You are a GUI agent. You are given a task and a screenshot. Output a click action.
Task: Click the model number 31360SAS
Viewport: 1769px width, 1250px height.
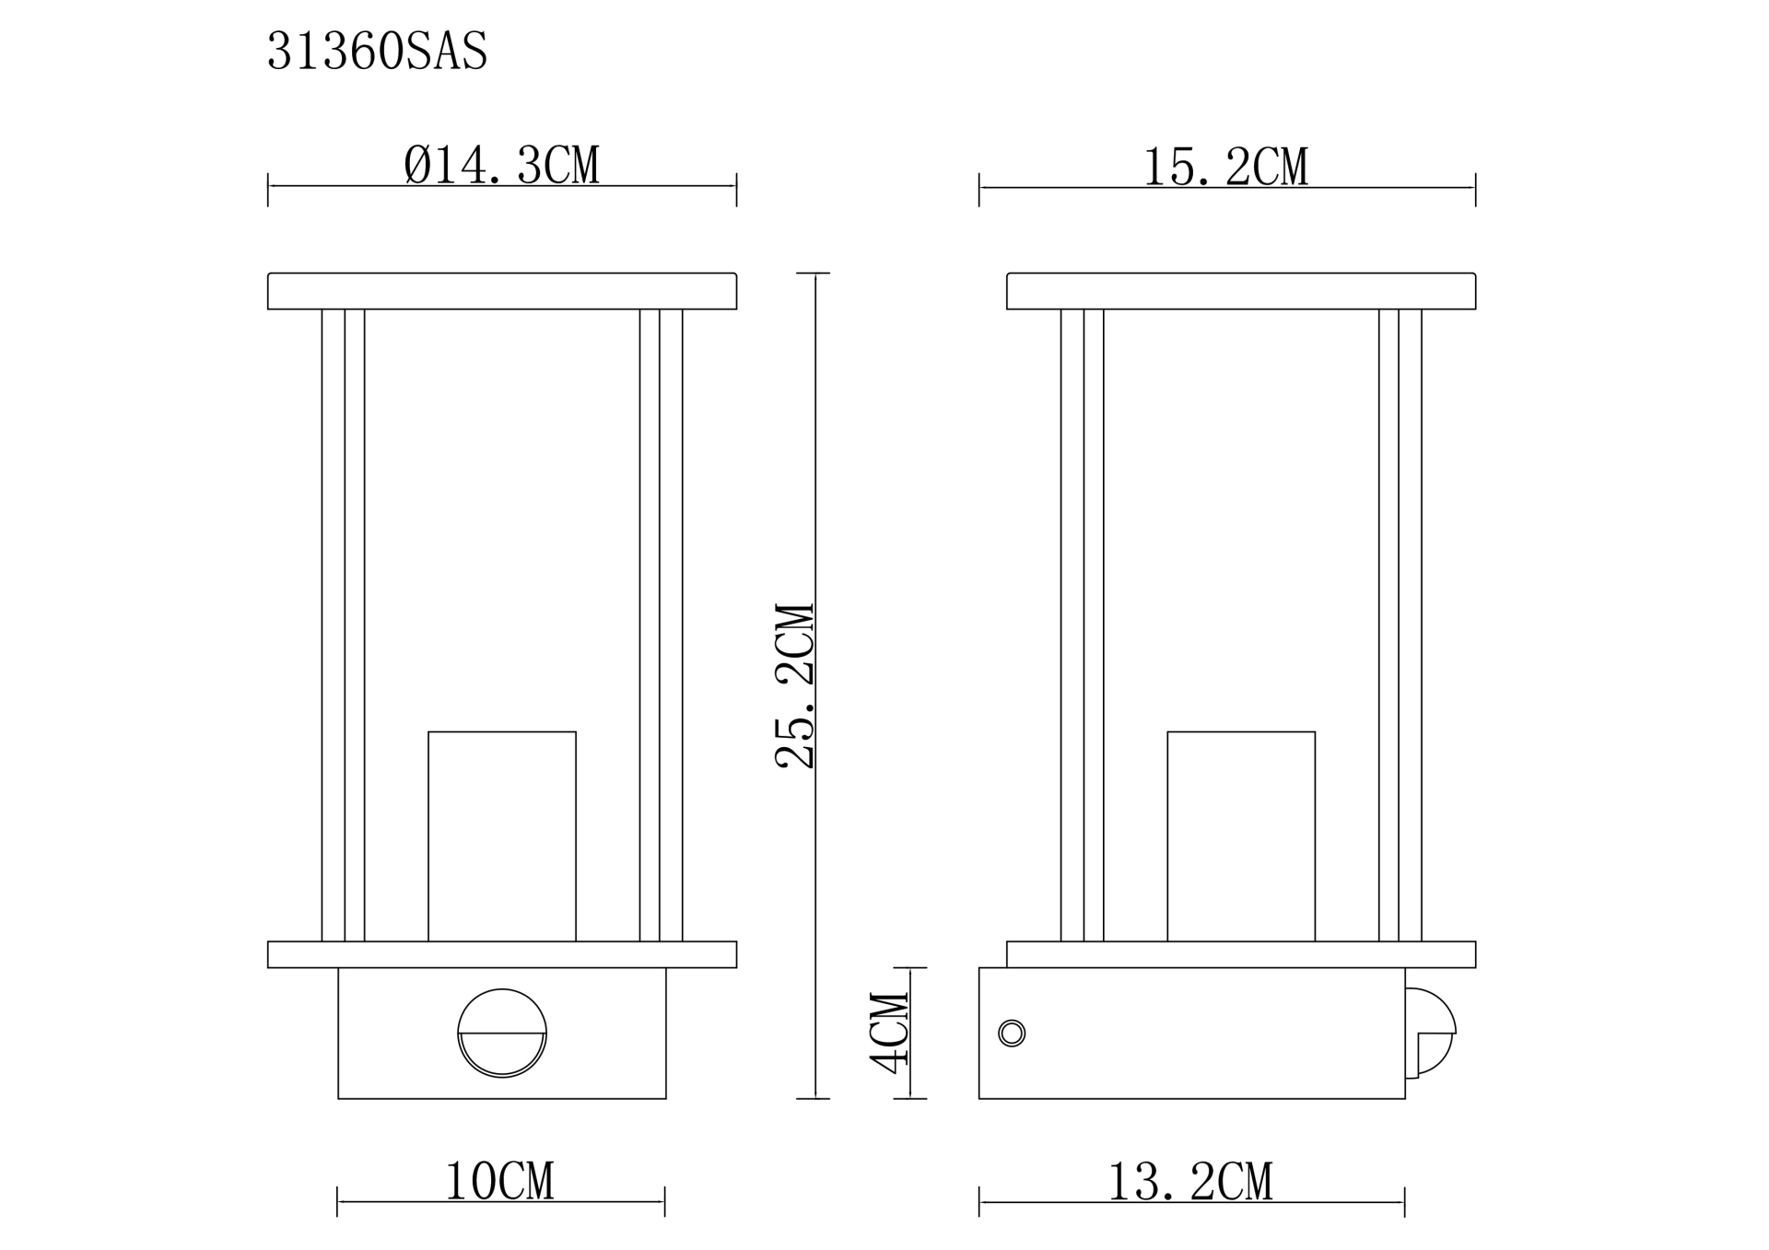coord(377,52)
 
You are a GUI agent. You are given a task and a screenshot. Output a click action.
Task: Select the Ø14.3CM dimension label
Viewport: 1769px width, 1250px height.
coord(502,167)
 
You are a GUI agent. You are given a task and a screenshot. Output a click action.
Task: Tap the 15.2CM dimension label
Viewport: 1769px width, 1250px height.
coord(1225,169)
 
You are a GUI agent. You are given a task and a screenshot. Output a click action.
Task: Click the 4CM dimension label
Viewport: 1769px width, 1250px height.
coord(890,1033)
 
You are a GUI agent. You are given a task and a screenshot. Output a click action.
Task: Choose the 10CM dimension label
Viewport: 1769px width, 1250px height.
coord(499,1182)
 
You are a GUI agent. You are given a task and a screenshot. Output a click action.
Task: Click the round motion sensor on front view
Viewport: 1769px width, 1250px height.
coord(502,1033)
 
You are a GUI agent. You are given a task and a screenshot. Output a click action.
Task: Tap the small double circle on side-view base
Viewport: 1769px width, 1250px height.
coord(1012,1033)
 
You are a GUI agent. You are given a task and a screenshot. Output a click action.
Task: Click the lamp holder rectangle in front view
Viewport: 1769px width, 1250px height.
coord(502,835)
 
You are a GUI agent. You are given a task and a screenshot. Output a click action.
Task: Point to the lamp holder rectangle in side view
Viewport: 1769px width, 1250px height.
coord(1241,835)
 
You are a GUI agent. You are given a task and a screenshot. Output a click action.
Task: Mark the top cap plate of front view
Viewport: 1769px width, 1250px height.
coord(502,291)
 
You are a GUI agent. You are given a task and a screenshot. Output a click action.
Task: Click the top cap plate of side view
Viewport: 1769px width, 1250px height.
coord(1241,291)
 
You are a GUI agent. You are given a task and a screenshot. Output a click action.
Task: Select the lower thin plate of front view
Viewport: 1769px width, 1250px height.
coord(502,954)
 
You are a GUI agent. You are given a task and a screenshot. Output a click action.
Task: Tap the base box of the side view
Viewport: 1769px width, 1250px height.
coord(1191,1033)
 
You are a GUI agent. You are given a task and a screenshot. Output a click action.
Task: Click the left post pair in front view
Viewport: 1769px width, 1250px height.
coord(343,625)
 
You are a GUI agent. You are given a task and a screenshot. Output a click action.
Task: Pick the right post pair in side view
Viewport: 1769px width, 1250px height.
coord(1400,625)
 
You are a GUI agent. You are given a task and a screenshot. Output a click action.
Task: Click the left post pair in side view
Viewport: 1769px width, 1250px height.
coord(1082,625)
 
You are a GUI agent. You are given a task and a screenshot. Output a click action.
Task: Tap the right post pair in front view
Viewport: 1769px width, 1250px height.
coord(661,625)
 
